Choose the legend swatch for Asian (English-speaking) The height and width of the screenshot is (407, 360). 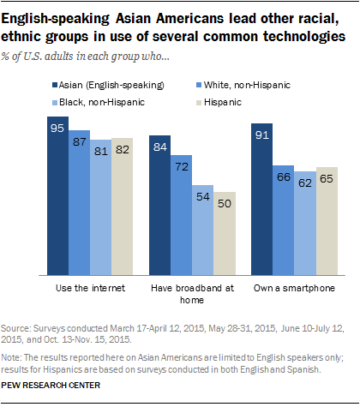coord(53,84)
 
